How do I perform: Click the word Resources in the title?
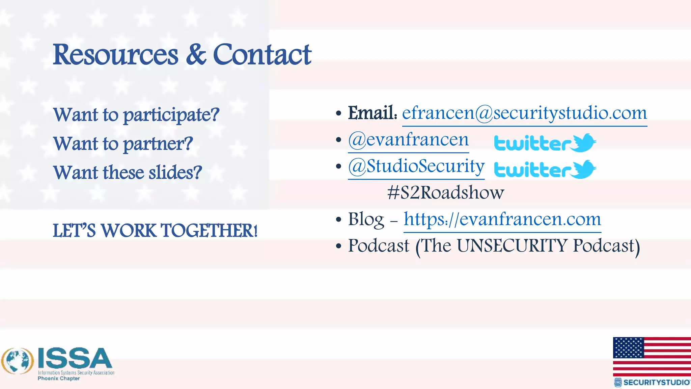tap(115, 55)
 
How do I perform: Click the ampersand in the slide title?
tap(196, 55)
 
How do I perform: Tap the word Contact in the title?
tap(262, 55)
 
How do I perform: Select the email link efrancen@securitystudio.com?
tap(524, 113)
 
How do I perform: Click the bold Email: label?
tap(372, 113)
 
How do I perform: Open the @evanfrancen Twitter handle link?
tap(408, 140)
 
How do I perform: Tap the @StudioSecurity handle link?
tap(416, 166)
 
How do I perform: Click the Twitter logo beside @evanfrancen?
tap(545, 143)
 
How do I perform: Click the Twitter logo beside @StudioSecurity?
tap(545, 170)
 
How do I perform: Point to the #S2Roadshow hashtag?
tap(445, 193)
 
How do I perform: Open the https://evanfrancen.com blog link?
tap(502, 219)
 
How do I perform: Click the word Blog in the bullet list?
tap(366, 219)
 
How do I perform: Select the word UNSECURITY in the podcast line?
tap(512, 245)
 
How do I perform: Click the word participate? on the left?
tap(171, 115)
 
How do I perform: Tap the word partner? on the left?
tap(158, 144)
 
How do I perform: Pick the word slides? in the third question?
tap(175, 173)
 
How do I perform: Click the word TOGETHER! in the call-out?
tap(209, 231)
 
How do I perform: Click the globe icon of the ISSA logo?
tap(18, 361)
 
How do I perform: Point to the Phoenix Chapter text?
tap(59, 379)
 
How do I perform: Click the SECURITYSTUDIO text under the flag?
tap(656, 382)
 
